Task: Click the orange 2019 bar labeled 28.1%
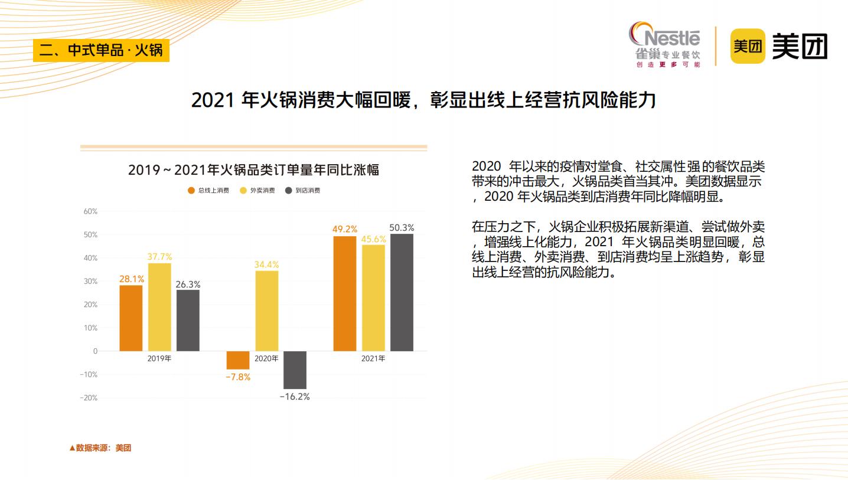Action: pyautogui.click(x=131, y=318)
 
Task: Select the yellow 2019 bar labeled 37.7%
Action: pyautogui.click(x=159, y=307)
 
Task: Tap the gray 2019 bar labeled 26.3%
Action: pyautogui.click(x=188, y=321)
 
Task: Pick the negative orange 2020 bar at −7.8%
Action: pyautogui.click(x=238, y=360)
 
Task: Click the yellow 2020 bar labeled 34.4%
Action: pyautogui.click(x=267, y=311)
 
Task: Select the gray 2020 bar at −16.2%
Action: pyautogui.click(x=295, y=370)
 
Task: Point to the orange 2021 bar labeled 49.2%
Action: pyautogui.click(x=345, y=293)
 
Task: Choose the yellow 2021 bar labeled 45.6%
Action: pyautogui.click(x=373, y=298)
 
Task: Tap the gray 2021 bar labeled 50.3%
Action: pyautogui.click(x=402, y=292)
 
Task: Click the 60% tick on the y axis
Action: pyautogui.click(x=90, y=211)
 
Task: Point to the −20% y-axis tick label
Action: pyautogui.click(x=89, y=398)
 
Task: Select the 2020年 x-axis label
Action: pyautogui.click(x=266, y=358)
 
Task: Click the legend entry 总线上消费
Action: pyautogui.click(x=209, y=190)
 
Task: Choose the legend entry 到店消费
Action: pyautogui.click(x=303, y=190)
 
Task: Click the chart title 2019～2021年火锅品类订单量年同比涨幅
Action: pyautogui.click(x=253, y=170)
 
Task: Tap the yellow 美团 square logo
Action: pyautogui.click(x=748, y=46)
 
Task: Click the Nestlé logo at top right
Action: pyautogui.click(x=666, y=44)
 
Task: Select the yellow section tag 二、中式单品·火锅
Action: pyautogui.click(x=101, y=50)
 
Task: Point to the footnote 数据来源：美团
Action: pyautogui.click(x=100, y=448)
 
